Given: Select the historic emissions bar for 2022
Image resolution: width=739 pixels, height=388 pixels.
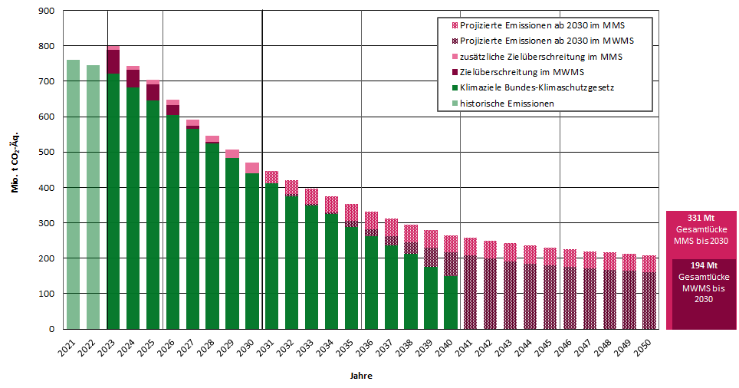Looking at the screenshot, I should point(93,199).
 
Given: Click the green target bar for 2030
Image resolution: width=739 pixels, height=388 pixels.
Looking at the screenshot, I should point(252,253).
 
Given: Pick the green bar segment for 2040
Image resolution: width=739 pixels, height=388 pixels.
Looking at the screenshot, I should point(451,303).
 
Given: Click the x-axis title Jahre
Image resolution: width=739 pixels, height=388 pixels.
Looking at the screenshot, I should point(360,376).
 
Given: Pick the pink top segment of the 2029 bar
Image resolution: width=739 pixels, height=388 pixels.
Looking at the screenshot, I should point(232,153).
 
